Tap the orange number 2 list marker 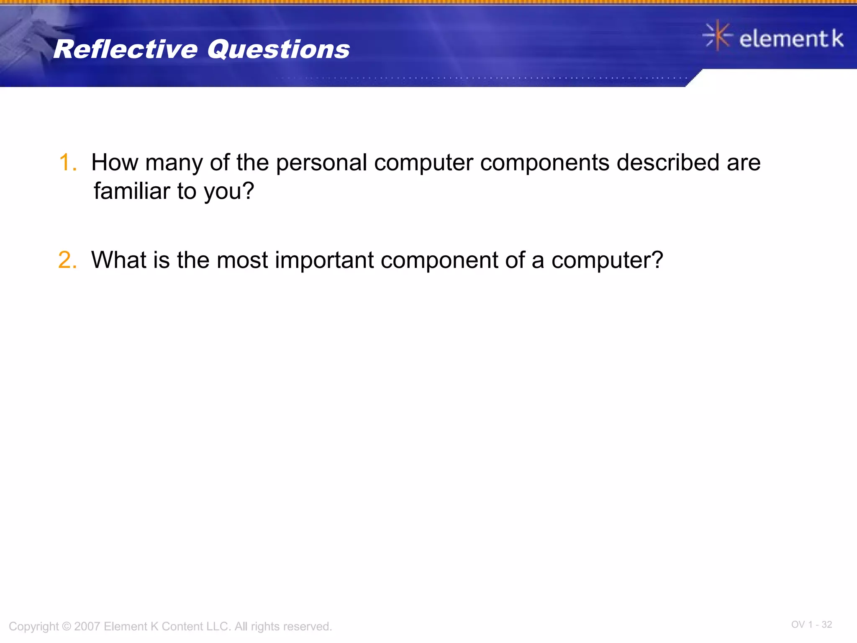tap(67, 260)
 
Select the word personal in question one tap(321, 162)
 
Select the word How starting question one tap(114, 162)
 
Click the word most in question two tap(242, 260)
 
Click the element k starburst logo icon tap(717, 36)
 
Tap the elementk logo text tap(791, 39)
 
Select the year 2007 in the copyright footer tap(87, 626)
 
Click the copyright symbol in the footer tap(66, 626)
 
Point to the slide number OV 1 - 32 tap(811, 625)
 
